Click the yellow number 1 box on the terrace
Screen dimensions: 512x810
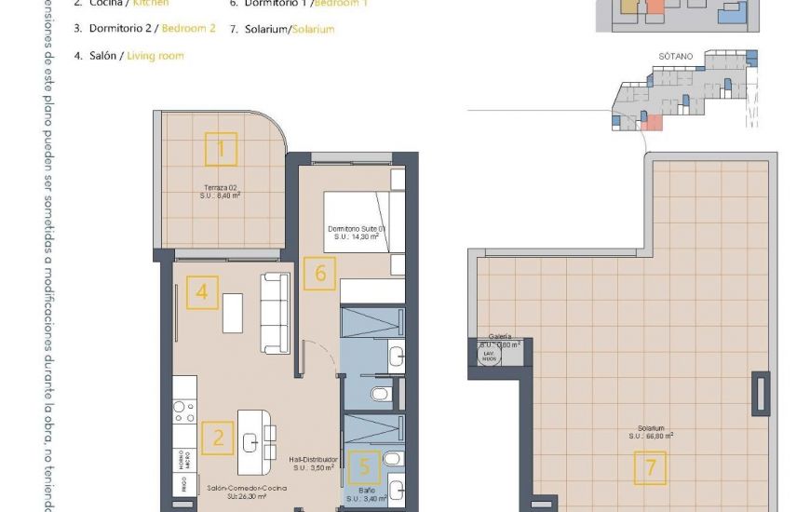221,149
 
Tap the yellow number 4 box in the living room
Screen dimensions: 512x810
202,294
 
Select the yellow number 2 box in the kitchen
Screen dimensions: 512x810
218,438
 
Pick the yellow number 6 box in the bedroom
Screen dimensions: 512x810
320,274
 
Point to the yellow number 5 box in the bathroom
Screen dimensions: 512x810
364,466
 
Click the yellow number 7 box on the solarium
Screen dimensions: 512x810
650,467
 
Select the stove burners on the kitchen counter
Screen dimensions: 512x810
184,411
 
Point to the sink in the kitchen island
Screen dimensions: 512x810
250,443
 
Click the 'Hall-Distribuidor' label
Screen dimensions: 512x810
312,459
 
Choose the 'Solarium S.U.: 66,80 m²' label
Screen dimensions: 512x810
650,432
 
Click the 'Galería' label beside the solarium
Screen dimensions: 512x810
500,336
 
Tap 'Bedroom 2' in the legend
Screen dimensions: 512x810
188,29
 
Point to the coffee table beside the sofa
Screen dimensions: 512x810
233,311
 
